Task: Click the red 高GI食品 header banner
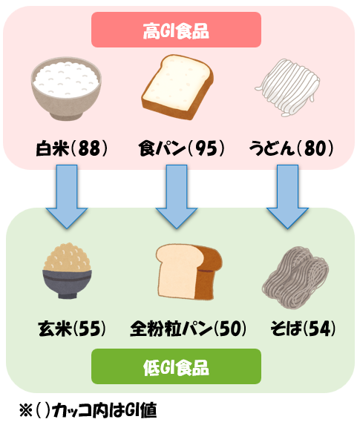pos(177,30)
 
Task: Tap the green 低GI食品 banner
pos(177,366)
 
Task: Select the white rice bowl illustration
pos(66,88)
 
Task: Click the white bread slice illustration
pos(177,87)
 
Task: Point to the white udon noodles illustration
pos(287,88)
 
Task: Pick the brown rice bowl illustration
pos(67,271)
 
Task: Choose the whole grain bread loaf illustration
pos(189,271)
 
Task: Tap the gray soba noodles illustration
pos(295,277)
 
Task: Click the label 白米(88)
pos(72,148)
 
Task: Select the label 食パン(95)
pos(182,148)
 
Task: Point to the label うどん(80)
pos(291,148)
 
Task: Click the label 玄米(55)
pos(72,329)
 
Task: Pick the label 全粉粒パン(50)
pos(189,329)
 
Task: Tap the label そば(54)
pos(303,329)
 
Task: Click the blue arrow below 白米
pos(67,197)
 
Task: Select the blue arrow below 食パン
pos(177,197)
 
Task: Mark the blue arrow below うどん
pos(287,197)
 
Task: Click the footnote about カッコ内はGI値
pos(88,410)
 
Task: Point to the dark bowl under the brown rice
pos(67,284)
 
